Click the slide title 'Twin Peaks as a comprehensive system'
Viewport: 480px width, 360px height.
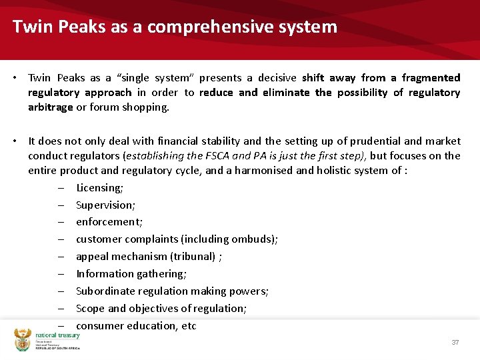coord(175,27)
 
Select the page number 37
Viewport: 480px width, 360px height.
coord(455,342)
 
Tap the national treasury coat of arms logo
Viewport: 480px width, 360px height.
coord(23,340)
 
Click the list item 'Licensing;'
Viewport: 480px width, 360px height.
coord(99,187)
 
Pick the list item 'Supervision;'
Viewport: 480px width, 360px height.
coord(105,205)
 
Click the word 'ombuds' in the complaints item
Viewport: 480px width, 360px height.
coord(257,239)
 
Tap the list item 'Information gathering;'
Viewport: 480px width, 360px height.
coord(131,273)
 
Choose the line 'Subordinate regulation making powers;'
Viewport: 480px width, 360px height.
coord(172,291)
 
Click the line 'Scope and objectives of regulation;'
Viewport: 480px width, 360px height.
coord(161,308)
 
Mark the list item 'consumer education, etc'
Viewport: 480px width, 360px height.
coord(136,325)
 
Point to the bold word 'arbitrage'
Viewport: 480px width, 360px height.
coord(51,107)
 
